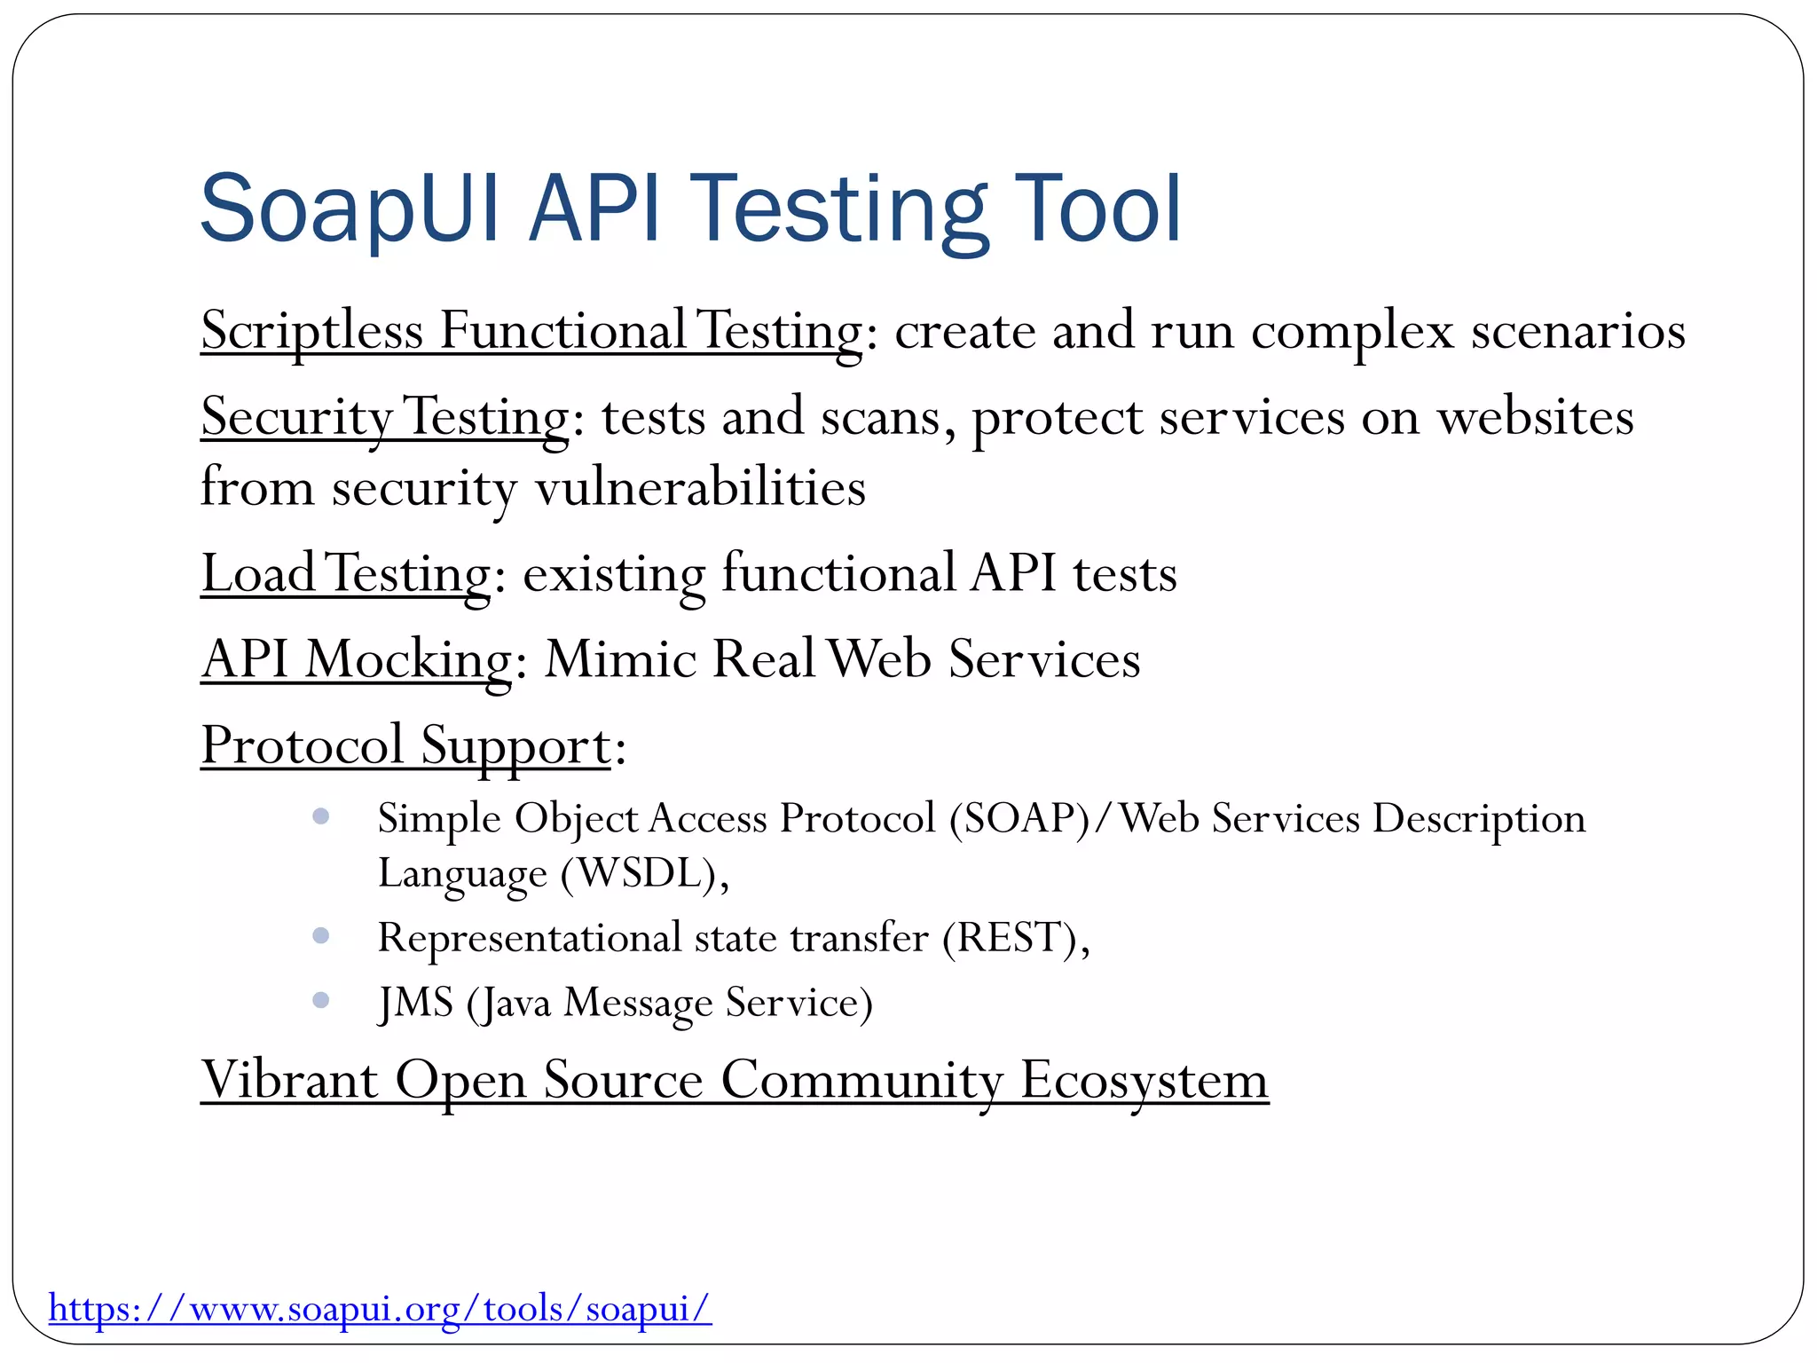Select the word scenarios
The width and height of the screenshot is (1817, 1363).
coord(1578,331)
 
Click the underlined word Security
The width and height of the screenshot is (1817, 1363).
coord(296,417)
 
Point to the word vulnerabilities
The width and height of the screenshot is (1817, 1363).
coord(700,488)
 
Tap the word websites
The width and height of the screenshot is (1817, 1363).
coord(1535,417)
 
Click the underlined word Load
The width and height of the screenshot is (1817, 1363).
coord(258,573)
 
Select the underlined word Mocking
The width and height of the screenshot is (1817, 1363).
coord(408,660)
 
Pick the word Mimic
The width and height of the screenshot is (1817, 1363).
coord(620,660)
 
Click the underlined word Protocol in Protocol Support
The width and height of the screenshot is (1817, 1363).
coord(302,745)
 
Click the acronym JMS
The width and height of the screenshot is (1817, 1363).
coord(416,1003)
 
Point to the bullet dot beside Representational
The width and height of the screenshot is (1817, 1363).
coord(321,935)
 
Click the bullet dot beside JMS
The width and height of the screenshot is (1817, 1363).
coord(321,1000)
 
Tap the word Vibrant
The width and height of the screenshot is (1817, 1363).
coord(290,1081)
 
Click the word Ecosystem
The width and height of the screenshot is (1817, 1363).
coord(1144,1081)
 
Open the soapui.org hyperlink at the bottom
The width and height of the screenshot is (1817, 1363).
coord(380,1308)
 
